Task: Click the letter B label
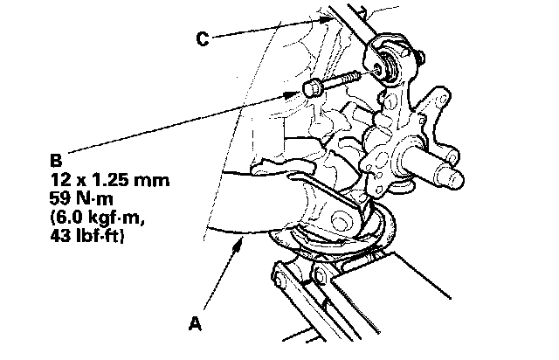pos(56,162)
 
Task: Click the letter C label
pos(203,38)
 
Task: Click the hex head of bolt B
pos(314,88)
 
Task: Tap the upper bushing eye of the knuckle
pos(384,62)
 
